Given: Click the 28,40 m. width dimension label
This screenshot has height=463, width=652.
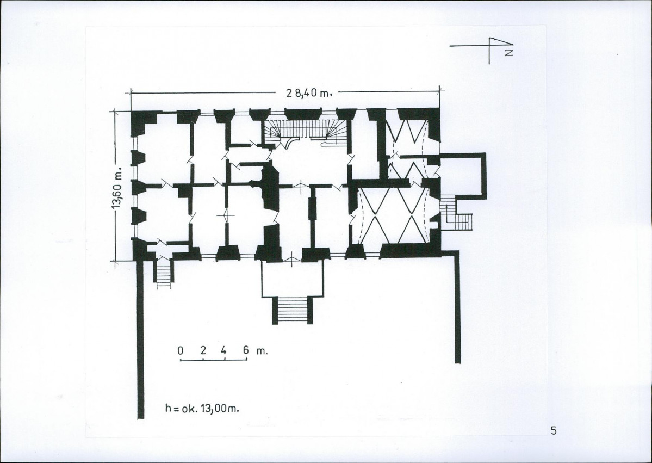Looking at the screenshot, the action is tap(309, 93).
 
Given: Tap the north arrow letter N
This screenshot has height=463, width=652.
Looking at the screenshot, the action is tap(508, 52).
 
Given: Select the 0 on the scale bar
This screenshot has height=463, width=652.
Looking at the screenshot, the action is tap(181, 351).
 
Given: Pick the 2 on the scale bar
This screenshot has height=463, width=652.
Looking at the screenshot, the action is tap(203, 350).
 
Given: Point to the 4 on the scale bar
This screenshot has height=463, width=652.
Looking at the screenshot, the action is tap(223, 350).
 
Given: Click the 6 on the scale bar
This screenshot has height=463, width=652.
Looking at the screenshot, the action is tap(246, 350).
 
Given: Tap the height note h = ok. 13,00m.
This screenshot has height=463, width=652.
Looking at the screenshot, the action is tap(202, 409).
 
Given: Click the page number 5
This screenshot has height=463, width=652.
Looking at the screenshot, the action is tap(553, 430).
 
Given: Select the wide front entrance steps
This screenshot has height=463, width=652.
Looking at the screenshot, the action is tap(292, 310).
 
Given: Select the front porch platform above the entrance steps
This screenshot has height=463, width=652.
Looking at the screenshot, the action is tap(292, 279).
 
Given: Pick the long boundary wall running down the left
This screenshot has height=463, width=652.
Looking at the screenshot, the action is tap(140, 338).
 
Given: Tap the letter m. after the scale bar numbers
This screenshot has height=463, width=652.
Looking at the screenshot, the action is tap(262, 351).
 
